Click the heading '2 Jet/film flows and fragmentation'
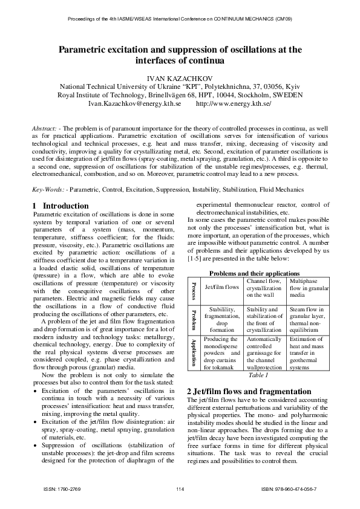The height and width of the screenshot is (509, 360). [249, 391]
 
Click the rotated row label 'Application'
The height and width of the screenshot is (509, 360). [194, 352]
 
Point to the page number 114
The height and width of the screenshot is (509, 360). [180, 488]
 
